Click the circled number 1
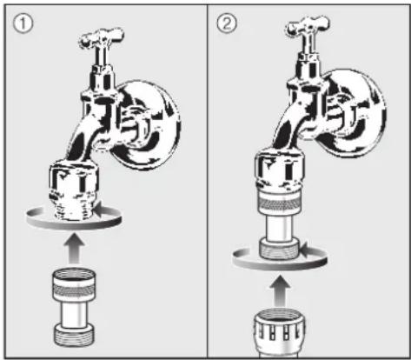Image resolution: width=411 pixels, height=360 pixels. (23, 23)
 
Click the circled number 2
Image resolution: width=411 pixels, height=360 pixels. (227, 23)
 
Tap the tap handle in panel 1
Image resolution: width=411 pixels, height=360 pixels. (102, 38)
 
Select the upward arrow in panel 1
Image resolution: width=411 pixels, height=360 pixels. (74, 249)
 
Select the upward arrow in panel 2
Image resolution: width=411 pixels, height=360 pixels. (280, 290)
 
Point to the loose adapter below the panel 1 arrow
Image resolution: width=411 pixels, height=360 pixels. (74, 307)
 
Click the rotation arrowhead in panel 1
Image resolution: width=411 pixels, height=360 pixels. (99, 210)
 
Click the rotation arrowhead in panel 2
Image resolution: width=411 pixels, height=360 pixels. (304, 250)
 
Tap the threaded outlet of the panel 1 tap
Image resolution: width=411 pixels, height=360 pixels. (74, 207)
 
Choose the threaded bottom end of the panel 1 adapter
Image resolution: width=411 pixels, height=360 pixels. (74, 336)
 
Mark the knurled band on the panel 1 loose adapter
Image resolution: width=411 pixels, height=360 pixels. (74, 290)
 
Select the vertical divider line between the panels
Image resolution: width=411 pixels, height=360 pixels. (207, 181)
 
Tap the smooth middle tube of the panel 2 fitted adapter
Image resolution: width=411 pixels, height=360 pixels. (279, 227)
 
